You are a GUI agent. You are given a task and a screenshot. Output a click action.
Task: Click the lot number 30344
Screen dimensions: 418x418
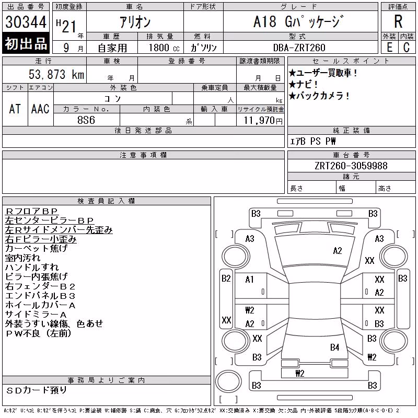[26, 22]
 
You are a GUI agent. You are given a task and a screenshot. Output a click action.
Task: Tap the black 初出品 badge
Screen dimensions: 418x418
[26, 43]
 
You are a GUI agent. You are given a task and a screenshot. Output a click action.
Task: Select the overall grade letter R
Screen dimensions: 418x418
[398, 21]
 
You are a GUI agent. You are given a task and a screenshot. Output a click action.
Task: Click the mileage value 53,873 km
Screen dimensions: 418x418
[56, 74]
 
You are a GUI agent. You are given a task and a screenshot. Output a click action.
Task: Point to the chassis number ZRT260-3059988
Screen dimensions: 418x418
[351, 166]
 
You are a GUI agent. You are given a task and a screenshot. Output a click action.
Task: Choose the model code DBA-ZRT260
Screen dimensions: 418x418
[299, 48]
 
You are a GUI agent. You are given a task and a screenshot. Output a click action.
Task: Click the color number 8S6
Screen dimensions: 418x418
[86, 120]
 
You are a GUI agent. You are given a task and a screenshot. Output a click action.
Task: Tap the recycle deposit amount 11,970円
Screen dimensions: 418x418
[263, 121]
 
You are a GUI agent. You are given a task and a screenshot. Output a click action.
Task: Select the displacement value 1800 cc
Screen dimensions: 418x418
[164, 48]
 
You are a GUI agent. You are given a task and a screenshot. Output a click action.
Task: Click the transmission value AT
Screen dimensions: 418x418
[15, 109]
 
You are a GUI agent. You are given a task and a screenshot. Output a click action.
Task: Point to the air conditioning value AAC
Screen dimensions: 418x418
[40, 109]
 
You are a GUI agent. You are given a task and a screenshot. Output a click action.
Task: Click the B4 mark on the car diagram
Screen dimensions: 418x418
[334, 347]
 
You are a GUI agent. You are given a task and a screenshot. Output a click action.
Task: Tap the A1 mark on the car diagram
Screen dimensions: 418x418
[250, 280]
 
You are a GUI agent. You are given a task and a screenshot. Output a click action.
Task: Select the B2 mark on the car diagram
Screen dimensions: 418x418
[226, 278]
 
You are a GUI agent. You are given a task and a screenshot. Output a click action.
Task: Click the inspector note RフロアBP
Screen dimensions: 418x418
[31, 211]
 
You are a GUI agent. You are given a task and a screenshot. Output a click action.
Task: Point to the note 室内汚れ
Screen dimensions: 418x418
[22, 258]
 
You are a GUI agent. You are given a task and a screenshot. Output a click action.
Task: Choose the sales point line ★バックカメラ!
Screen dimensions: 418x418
[319, 96]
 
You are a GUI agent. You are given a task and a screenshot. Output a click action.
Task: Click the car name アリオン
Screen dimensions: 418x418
[135, 22]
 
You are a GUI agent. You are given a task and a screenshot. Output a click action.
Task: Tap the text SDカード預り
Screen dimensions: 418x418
[36, 390]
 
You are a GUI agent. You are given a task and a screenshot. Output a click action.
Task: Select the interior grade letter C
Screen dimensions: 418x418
[407, 48]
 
